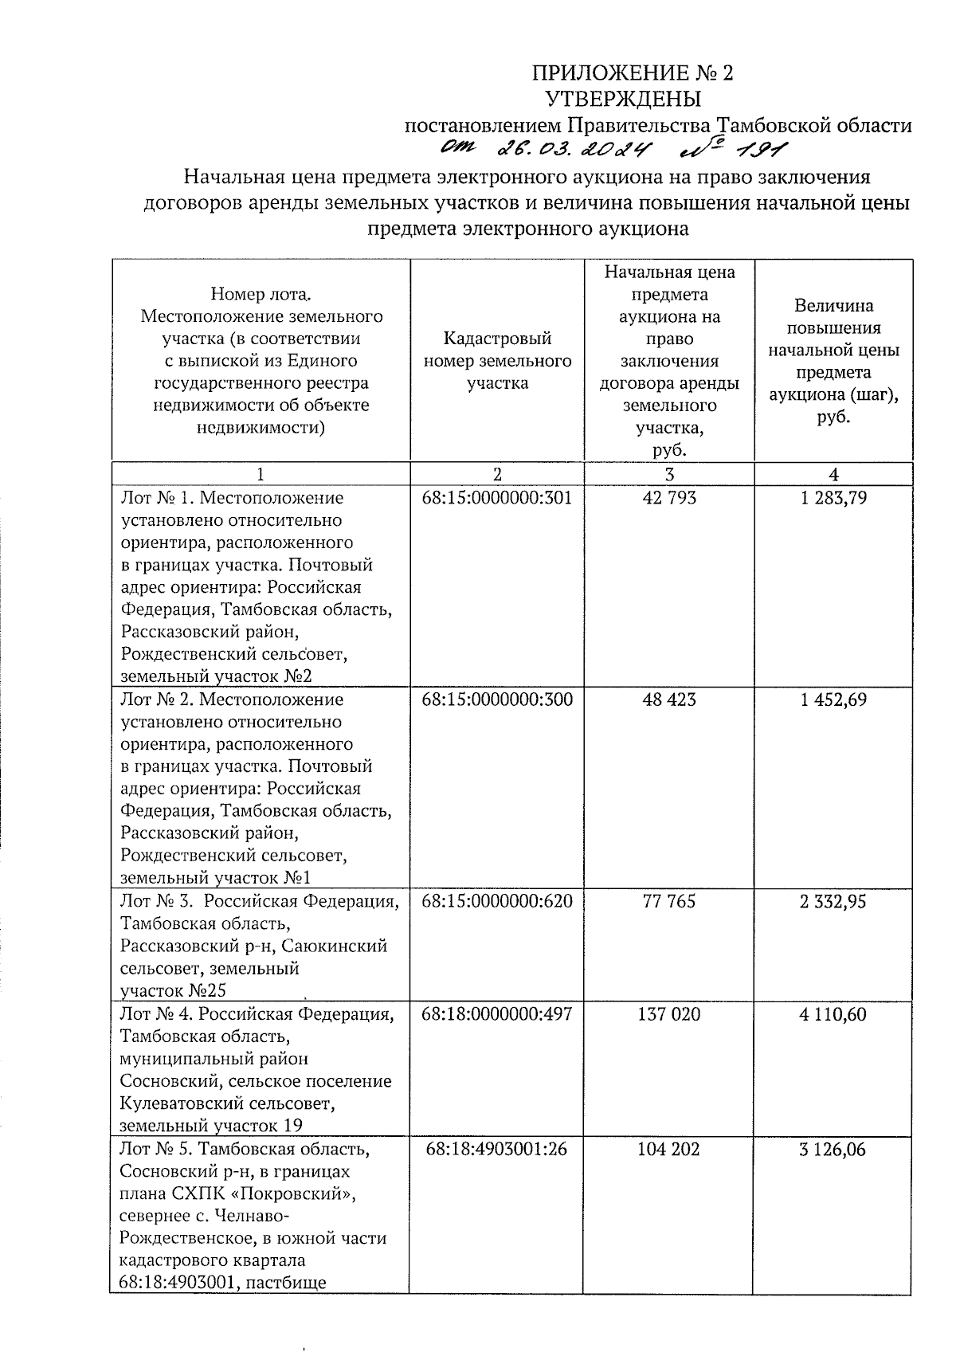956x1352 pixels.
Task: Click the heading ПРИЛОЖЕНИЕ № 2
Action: click(x=632, y=74)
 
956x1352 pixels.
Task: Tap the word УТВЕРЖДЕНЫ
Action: click(x=623, y=100)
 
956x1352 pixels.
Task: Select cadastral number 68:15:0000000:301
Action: click(x=496, y=498)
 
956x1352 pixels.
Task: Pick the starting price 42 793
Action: click(x=668, y=498)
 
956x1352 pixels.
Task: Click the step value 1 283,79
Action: click(x=833, y=498)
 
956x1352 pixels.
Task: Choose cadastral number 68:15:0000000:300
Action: click(x=496, y=700)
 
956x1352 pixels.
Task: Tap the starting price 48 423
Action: click(x=668, y=700)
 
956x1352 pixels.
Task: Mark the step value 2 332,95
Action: click(x=833, y=901)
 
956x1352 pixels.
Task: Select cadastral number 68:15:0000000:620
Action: click(x=496, y=901)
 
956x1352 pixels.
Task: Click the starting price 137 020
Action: click(x=668, y=1014)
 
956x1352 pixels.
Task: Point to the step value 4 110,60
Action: click(x=833, y=1014)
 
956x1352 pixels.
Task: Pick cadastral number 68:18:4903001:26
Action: click(x=496, y=1150)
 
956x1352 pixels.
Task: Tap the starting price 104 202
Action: click(x=668, y=1150)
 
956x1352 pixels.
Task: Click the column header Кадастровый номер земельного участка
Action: click(x=497, y=361)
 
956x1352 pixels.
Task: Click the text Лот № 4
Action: click(x=155, y=1014)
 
